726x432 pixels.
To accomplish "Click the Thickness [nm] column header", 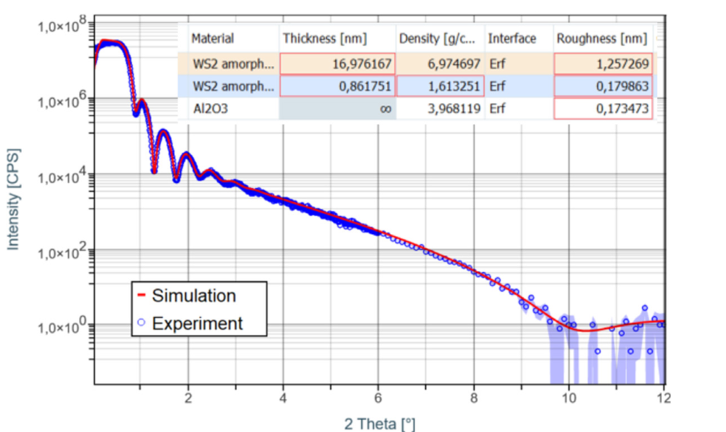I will point(325,39).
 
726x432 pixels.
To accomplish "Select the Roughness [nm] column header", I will point(601,39).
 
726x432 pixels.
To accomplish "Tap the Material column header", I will point(213,39).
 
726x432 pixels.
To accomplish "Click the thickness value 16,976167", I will point(362,63).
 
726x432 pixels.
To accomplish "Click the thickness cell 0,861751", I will point(366,86).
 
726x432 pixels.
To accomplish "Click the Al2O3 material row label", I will point(210,108).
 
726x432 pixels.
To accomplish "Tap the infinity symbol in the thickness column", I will point(386,108).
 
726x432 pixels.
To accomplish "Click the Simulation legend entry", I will point(193,296).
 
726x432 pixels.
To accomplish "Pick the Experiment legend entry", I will point(197,323).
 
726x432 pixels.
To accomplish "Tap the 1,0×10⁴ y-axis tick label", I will point(62,176).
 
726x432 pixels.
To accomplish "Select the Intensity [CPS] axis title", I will point(14,199).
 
